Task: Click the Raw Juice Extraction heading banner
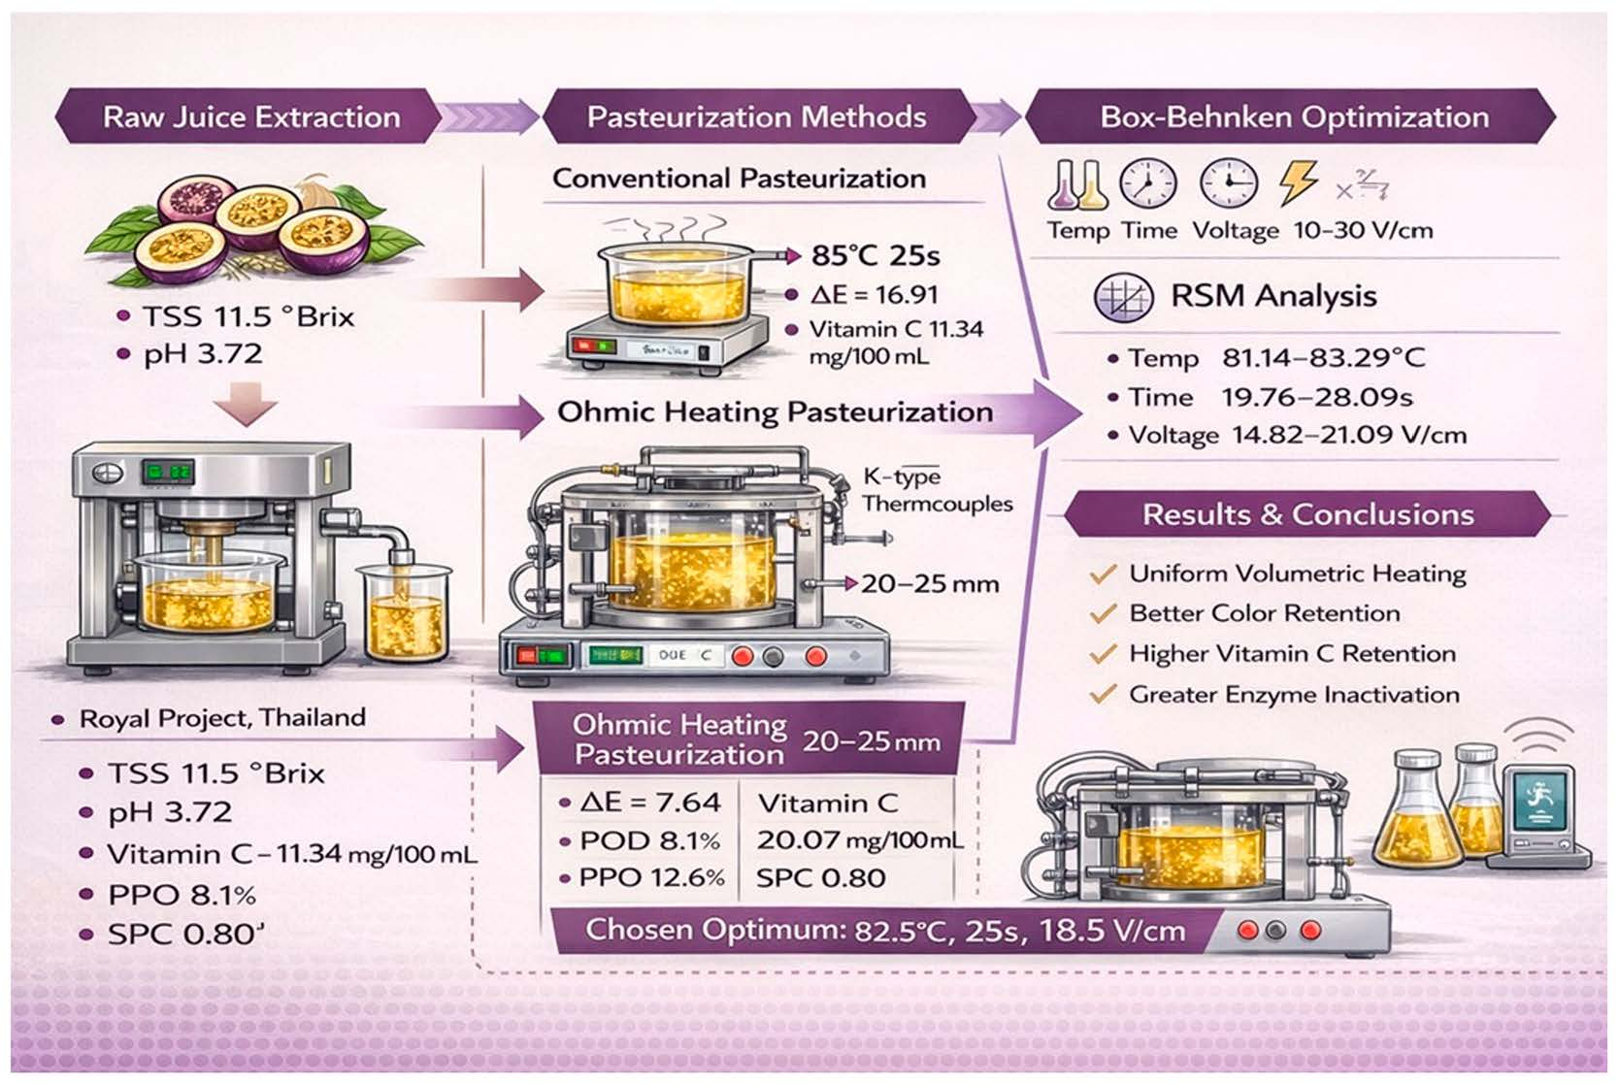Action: pos(250,117)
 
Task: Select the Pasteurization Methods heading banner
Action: pos(756,117)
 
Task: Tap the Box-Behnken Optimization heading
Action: pos(1294,117)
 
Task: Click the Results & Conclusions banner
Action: pos(1307,514)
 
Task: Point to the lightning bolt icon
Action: pos(1298,181)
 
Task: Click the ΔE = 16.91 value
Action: pos(874,295)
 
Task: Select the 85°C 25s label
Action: pos(876,256)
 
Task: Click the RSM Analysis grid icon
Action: pos(1123,297)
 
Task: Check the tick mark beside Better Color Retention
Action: pos(1103,614)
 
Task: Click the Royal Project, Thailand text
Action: pos(222,719)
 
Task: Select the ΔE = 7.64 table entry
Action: pos(649,803)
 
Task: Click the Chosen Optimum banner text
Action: pos(884,931)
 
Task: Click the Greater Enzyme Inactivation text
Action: pos(1294,695)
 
